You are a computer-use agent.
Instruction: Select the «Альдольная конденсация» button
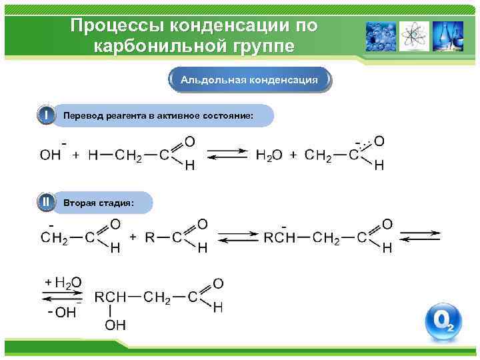(249, 80)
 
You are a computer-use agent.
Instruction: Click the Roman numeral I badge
(45, 115)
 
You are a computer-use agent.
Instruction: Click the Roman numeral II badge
(45, 201)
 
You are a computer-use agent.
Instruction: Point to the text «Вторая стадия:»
(98, 202)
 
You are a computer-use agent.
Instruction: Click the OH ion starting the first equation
(51, 155)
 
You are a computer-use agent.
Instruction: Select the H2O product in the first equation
(269, 155)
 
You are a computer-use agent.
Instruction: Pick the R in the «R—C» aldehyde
(151, 237)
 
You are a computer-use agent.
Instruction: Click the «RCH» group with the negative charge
(279, 237)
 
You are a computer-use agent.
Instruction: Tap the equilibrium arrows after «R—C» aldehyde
(239, 237)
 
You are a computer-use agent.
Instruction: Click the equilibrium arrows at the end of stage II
(419, 237)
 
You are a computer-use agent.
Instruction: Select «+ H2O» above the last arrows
(63, 283)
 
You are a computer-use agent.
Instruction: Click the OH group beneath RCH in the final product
(115, 325)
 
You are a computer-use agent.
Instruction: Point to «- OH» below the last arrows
(62, 312)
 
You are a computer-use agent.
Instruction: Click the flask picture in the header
(443, 36)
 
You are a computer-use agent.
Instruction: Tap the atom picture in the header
(415, 36)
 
